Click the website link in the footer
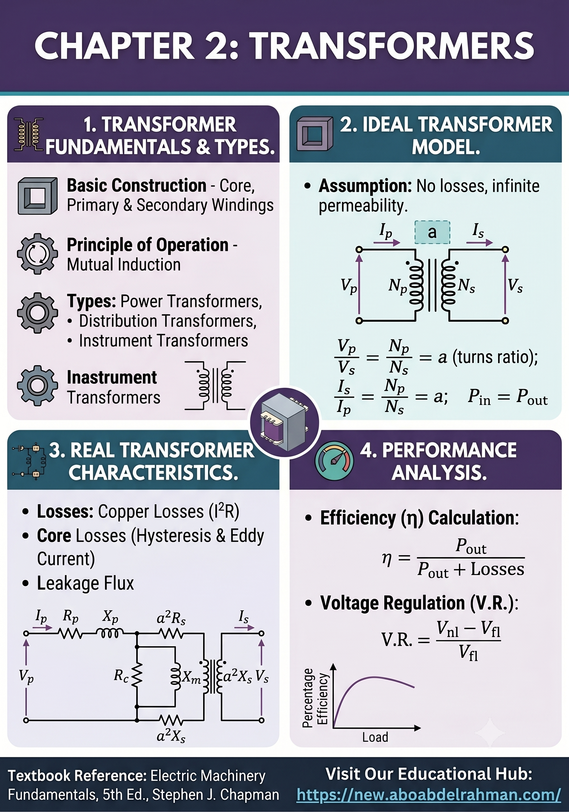point(429,795)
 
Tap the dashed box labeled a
point(432,232)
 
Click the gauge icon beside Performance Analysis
point(334,461)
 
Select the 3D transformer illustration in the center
point(285,422)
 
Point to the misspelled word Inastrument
point(112,377)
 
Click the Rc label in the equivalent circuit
point(121,676)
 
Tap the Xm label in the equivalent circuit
point(191,677)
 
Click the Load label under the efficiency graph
point(375,737)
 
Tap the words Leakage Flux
point(86,583)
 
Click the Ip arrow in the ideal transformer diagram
point(387,243)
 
